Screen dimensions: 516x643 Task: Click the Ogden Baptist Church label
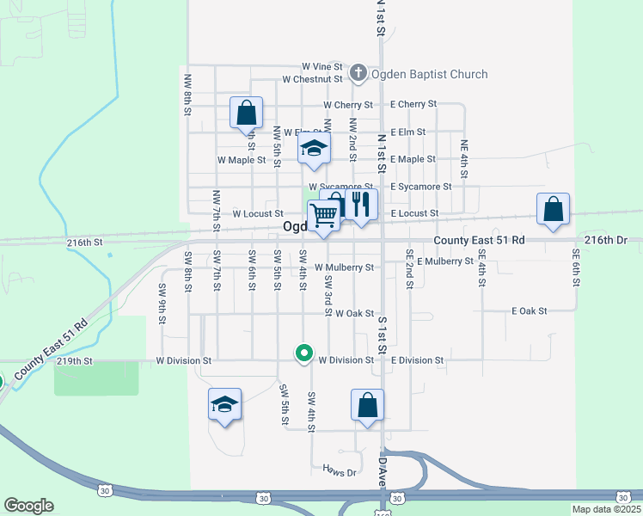point(429,75)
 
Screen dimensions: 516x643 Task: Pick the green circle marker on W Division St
point(303,353)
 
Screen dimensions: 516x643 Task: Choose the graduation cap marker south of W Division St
point(224,404)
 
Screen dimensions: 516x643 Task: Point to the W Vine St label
point(322,66)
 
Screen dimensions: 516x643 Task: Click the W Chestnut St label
point(313,79)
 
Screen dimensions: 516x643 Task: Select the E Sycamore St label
point(420,187)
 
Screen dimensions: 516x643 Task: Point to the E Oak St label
point(529,310)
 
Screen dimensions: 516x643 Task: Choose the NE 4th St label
point(464,159)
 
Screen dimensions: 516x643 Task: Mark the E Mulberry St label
point(445,261)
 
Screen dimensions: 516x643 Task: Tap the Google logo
point(28,506)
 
